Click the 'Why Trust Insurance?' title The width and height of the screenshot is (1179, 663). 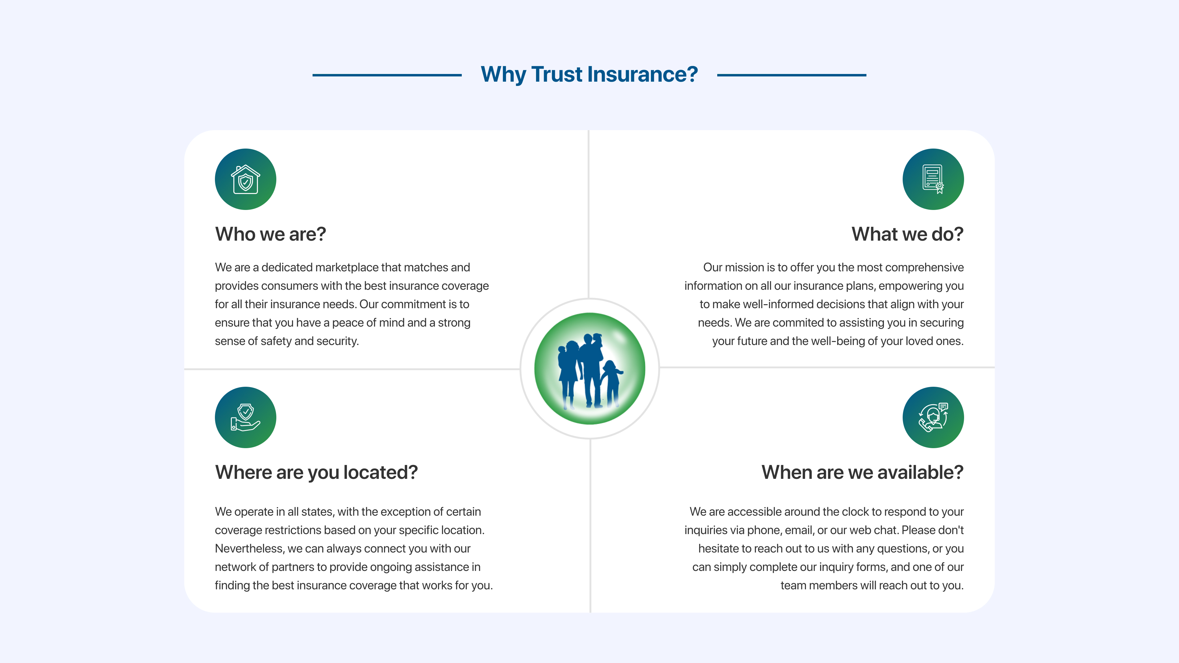589,74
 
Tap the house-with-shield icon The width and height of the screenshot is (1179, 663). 245,179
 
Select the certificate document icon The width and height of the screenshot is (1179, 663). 933,179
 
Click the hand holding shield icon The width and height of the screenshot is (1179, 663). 245,417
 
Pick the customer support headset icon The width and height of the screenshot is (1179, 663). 933,417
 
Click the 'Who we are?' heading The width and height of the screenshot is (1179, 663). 270,234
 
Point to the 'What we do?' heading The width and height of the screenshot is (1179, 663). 908,234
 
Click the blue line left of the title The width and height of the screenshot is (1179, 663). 387,75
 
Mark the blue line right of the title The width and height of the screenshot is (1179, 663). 791,75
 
